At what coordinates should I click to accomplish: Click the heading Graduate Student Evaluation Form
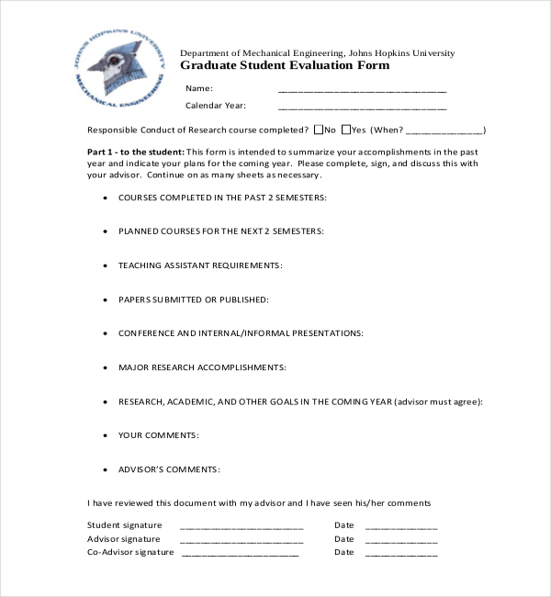(x=284, y=66)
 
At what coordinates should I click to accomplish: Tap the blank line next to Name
(x=362, y=90)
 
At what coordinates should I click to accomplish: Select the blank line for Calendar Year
(x=362, y=107)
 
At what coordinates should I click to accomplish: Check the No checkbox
(x=319, y=130)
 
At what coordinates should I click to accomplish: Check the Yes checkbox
(x=345, y=130)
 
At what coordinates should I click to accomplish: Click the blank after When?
(x=444, y=130)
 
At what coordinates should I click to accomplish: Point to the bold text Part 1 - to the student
(x=136, y=152)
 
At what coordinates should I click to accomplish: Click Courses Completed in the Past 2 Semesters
(x=222, y=197)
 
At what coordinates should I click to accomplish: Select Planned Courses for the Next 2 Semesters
(x=220, y=231)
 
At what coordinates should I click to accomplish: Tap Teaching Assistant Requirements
(x=200, y=265)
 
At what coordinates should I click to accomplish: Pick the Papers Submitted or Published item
(x=193, y=299)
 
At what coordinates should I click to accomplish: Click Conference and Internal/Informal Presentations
(x=241, y=333)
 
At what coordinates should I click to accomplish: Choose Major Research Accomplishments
(x=202, y=367)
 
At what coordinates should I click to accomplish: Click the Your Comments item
(x=159, y=435)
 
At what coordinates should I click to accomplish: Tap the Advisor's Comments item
(x=169, y=469)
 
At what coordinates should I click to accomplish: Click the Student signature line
(x=242, y=528)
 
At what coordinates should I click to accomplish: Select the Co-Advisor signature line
(x=240, y=554)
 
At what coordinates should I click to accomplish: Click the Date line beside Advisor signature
(x=401, y=541)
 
